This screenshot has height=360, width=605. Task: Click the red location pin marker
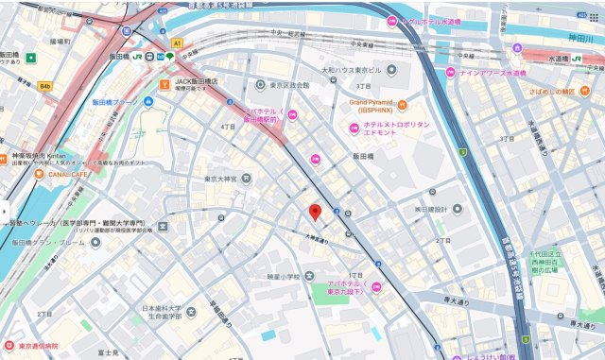pyautogui.click(x=316, y=213)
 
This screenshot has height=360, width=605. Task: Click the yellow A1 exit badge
pyautogui.click(x=176, y=43)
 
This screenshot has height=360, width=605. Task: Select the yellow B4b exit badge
pyautogui.click(x=44, y=86)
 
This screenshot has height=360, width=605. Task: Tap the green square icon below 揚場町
pyautogui.click(x=31, y=58)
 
